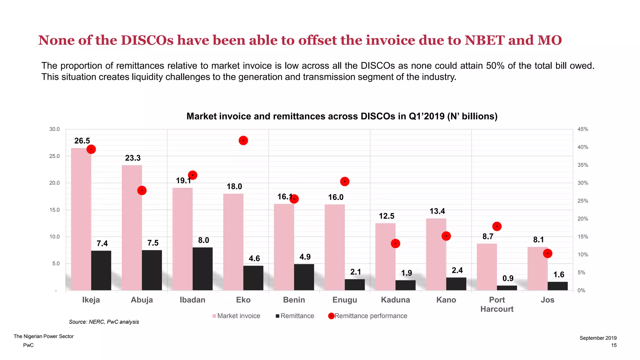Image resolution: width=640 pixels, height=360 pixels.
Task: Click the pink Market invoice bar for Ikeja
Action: tap(81, 219)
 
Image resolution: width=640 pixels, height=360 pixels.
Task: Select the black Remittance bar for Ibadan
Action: tap(202, 269)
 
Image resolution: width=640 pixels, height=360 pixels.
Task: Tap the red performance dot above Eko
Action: tap(243, 141)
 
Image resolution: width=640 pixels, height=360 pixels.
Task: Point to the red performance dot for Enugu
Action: tap(345, 182)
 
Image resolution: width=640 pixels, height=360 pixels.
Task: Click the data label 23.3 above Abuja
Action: tap(133, 158)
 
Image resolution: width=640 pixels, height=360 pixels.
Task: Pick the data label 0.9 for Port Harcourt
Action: tap(508, 278)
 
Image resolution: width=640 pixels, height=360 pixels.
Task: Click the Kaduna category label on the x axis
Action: tap(395, 300)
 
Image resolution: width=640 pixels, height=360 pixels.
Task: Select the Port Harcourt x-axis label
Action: tap(497, 304)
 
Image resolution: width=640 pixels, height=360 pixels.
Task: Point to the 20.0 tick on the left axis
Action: tap(54, 183)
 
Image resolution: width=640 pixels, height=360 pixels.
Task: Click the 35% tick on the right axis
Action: tap(582, 165)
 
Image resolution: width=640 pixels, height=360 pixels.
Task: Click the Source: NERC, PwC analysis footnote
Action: tap(104, 322)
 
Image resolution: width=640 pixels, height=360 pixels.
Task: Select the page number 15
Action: tap(614, 345)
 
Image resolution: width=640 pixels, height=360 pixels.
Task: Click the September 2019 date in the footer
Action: tap(598, 338)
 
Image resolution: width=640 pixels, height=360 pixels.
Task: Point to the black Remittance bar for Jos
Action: tap(557, 286)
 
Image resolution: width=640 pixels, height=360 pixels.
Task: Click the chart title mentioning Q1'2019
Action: tap(342, 116)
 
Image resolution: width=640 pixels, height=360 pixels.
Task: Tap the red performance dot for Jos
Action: tap(547, 253)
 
